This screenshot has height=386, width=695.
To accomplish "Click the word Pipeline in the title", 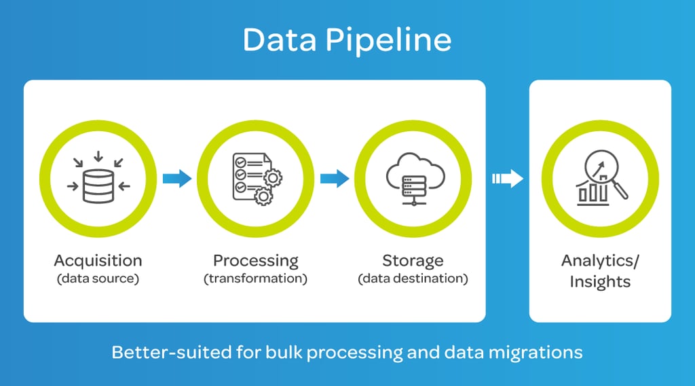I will coord(389,41).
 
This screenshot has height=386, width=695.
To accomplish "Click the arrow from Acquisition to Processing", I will coord(177,179).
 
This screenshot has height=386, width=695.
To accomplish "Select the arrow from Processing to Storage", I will coord(334,179).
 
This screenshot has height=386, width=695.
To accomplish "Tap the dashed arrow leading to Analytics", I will coord(508,179).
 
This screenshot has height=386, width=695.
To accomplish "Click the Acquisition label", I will coord(98,260).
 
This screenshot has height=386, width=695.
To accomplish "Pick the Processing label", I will coord(255,260).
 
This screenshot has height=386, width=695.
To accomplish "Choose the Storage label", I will coord(413,260).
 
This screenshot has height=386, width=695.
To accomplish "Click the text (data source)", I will coord(98,279).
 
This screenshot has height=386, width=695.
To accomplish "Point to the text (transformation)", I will coord(255,279).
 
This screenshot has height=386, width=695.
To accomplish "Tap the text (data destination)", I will coord(413,279).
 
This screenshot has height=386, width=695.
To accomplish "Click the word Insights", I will coord(601,281).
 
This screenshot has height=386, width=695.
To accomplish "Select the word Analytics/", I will coord(601,261).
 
